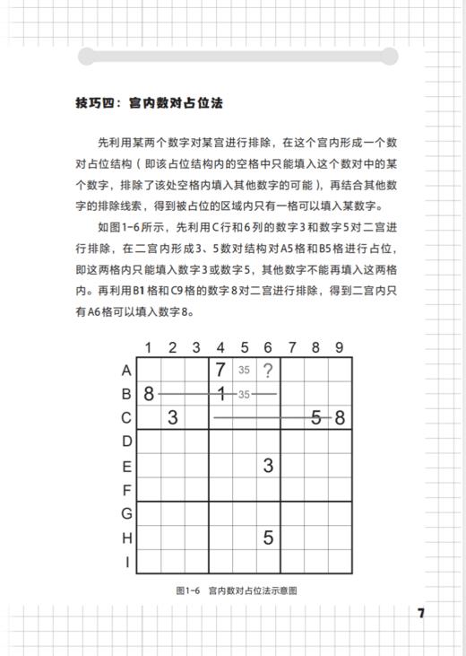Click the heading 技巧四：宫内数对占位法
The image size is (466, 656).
pos(149,103)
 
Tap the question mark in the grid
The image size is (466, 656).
pos(267,369)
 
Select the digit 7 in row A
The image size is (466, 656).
pos(220,369)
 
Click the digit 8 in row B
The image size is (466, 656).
pos(148,393)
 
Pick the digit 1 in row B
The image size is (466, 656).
pos(220,393)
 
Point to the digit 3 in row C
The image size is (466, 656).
pos(173,417)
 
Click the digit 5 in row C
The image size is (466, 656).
pos(315,417)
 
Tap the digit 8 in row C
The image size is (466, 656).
pos(340,417)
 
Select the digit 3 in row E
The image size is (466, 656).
pos(268,466)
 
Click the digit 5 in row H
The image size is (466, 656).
pos(268,538)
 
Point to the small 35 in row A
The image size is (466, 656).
pos(244,369)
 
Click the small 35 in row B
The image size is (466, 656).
pos(244,393)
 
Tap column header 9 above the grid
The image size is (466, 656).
pos(340,347)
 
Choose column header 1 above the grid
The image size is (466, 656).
pos(148,347)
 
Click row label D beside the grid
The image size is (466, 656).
pos(126,442)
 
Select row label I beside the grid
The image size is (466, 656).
pos(127,563)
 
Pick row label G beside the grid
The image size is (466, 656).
pos(126,514)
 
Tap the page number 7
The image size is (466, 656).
pos(421,614)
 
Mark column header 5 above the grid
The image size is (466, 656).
pos(244,347)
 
